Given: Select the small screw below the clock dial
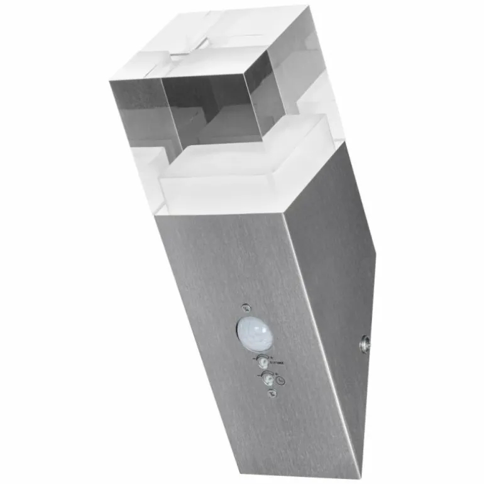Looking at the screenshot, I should [x=272, y=393].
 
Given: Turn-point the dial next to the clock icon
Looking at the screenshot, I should [x=268, y=378].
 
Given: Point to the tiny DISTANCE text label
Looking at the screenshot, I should [x=278, y=363].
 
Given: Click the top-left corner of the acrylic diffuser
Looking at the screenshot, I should [x=111, y=79].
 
